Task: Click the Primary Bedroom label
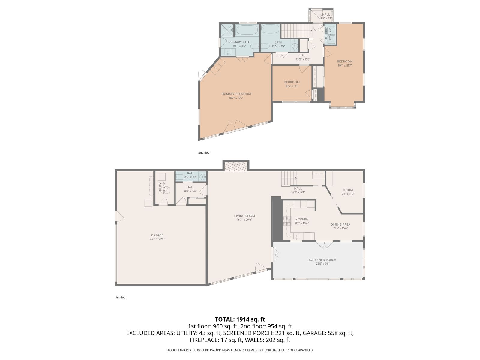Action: point(236,94)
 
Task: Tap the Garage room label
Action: point(157,235)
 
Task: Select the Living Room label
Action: point(244,216)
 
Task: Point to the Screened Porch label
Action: point(322,260)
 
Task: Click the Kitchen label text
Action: point(302,219)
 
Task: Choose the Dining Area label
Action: point(340,224)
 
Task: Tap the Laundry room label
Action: point(326,34)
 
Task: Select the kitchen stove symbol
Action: point(287,221)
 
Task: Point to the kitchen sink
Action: point(296,236)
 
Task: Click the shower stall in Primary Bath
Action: point(227,30)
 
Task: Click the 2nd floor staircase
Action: point(297,31)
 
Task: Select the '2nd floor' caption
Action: point(204,153)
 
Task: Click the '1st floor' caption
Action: point(121,298)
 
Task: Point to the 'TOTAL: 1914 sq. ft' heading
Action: point(240,319)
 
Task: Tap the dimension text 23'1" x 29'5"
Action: point(157,239)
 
